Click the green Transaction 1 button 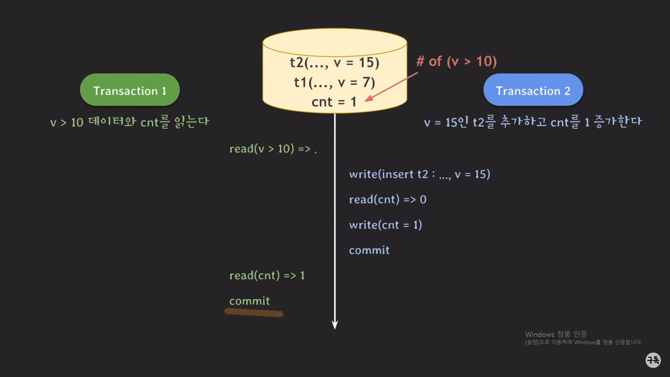pyautogui.click(x=130, y=90)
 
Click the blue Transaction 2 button pyautogui.click(x=533, y=90)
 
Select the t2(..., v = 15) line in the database pyautogui.click(x=334, y=63)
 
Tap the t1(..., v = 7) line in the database pyautogui.click(x=334, y=82)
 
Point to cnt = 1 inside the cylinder pyautogui.click(x=334, y=102)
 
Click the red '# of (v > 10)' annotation pyautogui.click(x=456, y=61)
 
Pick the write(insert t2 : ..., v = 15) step pyautogui.click(x=419, y=174)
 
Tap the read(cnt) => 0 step pyautogui.click(x=388, y=200)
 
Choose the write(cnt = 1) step pyautogui.click(x=386, y=225)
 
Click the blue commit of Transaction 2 pyautogui.click(x=369, y=250)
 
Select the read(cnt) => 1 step pyautogui.click(x=267, y=275)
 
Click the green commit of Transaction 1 pyautogui.click(x=250, y=301)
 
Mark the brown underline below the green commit pyautogui.click(x=254, y=312)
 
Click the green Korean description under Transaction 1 pyautogui.click(x=129, y=122)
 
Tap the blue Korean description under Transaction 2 pyautogui.click(x=533, y=122)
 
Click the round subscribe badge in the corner pyautogui.click(x=653, y=360)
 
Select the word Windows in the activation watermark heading pyautogui.click(x=539, y=334)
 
